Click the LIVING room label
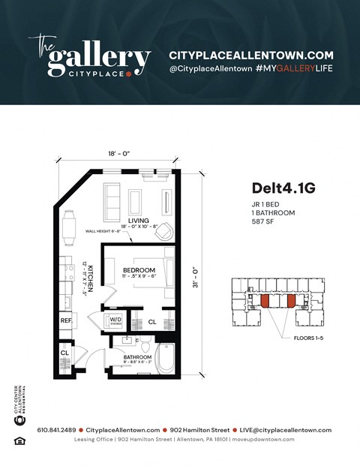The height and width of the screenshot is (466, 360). click(x=136, y=220)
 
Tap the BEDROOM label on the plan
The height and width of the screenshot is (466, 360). click(x=139, y=270)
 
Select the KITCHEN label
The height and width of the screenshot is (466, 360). click(x=90, y=278)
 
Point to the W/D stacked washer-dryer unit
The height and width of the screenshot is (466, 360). click(x=118, y=320)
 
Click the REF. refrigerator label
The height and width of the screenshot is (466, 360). click(x=67, y=320)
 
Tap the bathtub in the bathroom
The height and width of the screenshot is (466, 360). click(x=166, y=359)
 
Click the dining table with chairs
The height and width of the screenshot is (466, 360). click(x=69, y=227)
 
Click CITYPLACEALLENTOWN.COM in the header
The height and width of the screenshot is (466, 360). click(x=250, y=56)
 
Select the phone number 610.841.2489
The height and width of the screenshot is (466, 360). click(x=55, y=430)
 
